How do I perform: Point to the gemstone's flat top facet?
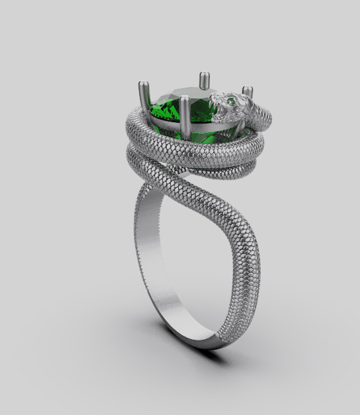coord(187,97)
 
